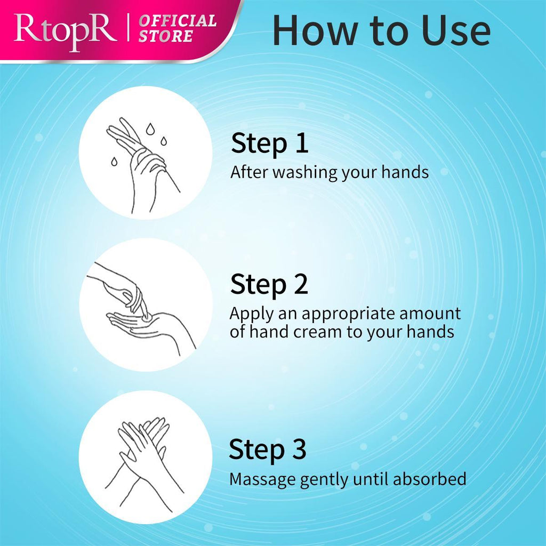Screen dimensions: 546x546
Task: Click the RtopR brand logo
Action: (65, 31)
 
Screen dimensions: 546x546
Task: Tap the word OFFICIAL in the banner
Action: (178, 21)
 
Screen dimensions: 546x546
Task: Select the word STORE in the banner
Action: (166, 36)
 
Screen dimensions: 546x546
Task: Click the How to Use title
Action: (381, 30)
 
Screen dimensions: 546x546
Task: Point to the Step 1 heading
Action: (269, 143)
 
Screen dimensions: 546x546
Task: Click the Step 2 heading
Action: (269, 284)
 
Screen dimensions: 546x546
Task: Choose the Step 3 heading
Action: (268, 449)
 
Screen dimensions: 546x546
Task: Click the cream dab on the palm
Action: (146, 317)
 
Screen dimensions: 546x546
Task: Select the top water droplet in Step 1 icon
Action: (150, 129)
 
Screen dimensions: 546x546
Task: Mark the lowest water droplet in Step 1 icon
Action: (114, 162)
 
